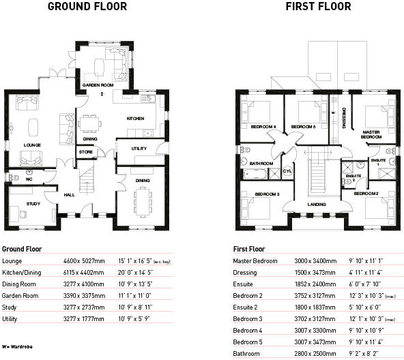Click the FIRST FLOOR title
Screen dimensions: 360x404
tap(319, 7)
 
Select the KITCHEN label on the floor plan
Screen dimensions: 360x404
tap(136, 119)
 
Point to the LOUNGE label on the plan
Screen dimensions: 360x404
tap(32, 145)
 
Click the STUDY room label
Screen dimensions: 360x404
tap(33, 203)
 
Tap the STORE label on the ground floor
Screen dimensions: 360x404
tap(85, 152)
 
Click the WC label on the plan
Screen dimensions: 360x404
tap(20, 179)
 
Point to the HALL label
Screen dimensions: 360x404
tap(69, 194)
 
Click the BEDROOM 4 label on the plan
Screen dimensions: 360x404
tap(263, 127)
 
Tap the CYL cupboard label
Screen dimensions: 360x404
tap(287, 170)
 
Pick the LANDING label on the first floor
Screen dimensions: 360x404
tap(317, 204)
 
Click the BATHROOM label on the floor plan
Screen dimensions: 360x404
tap(261, 164)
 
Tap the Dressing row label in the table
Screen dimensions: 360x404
tap(245, 273)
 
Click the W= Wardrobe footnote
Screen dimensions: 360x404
tap(17, 347)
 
